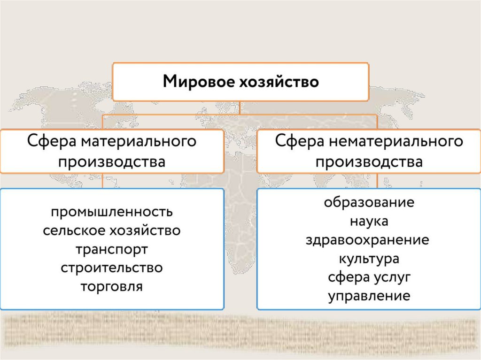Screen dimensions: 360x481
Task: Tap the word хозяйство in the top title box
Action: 275,82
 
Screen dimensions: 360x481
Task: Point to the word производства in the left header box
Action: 112,162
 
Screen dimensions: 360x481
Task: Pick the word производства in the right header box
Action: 369,162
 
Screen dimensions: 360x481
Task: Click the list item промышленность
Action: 112,212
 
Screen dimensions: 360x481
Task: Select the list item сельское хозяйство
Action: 112,230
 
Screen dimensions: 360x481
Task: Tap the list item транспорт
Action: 112,249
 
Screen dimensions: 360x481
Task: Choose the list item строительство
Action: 112,268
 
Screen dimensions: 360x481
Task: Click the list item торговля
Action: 112,286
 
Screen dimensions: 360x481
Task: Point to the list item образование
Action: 369,203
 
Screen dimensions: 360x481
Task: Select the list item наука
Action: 369,221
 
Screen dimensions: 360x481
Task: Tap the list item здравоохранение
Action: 369,240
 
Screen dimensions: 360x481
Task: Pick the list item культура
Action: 369,258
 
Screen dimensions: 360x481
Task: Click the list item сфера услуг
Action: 369,277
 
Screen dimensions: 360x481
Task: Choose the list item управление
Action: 369,296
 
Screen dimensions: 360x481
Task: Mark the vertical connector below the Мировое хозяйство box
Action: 240,107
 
